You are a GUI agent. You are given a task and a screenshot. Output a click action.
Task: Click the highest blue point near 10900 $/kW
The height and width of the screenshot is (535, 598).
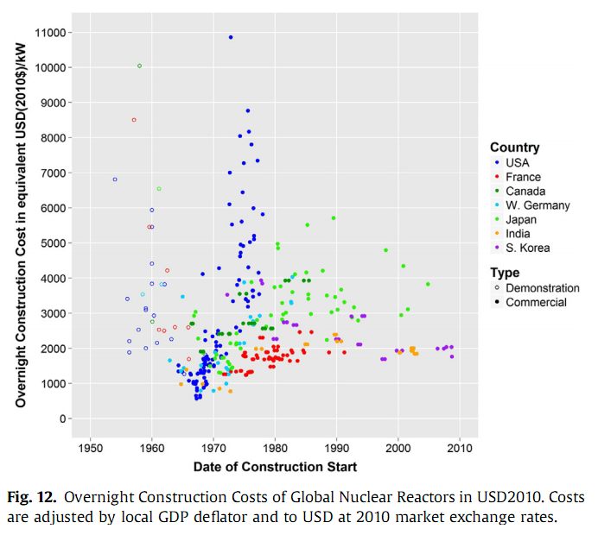coord(231,37)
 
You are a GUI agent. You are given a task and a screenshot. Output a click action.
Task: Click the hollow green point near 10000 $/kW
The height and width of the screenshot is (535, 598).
coord(139,66)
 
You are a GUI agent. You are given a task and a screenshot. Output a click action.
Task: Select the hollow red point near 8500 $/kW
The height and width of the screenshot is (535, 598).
coord(134,120)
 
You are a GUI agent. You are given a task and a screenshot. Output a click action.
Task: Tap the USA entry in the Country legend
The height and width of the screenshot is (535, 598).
coord(517,162)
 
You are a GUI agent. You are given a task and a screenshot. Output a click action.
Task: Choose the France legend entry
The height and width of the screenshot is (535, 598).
coord(523,177)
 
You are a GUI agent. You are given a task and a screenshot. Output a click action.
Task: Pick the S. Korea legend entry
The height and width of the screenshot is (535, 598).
coord(527,248)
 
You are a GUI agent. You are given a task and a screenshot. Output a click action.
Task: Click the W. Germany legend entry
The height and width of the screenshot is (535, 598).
coord(538,205)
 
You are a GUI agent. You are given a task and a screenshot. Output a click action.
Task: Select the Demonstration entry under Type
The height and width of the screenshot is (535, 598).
coord(542,288)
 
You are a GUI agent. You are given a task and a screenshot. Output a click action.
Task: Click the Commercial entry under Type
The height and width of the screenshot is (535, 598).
coord(536,302)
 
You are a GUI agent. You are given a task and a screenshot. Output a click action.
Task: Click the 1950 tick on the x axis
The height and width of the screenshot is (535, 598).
coord(90,449)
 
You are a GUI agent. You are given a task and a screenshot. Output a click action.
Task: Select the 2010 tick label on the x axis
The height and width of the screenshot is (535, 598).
coord(460,449)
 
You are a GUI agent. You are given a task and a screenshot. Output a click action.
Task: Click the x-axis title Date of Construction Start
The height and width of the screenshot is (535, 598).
coord(275,467)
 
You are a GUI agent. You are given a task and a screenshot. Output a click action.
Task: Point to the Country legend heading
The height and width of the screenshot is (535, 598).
coord(514,148)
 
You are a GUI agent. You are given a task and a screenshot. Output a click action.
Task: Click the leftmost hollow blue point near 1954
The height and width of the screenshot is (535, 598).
coord(115,179)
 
